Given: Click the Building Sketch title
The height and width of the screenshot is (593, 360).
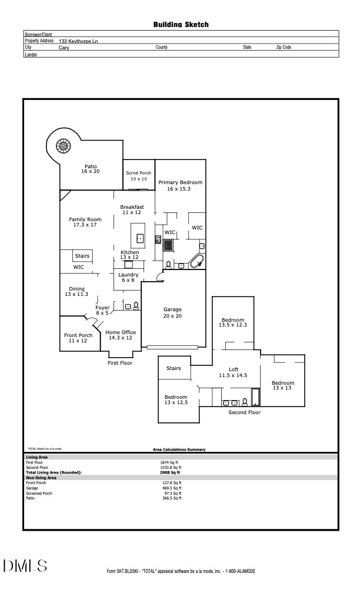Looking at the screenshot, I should pyautogui.click(x=181, y=25).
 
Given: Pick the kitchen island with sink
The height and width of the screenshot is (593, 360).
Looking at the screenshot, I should pyautogui.click(x=139, y=235).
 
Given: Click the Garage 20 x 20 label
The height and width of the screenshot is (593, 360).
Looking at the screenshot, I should pyautogui.click(x=172, y=313).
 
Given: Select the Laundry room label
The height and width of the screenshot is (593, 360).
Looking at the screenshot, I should pyautogui.click(x=128, y=278).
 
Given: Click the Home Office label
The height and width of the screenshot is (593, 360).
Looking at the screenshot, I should pyautogui.click(x=121, y=335).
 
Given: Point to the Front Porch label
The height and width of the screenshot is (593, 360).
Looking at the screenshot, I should pyautogui.click(x=78, y=338).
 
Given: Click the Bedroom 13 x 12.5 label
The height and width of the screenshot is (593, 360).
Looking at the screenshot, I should pyautogui.click(x=176, y=399).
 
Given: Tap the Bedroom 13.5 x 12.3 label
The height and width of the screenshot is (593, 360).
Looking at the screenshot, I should pyautogui.click(x=232, y=322).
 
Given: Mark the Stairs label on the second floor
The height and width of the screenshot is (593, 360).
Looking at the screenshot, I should pyautogui.click(x=174, y=369).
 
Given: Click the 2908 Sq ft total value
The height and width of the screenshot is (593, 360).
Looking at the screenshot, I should pyautogui.click(x=170, y=472).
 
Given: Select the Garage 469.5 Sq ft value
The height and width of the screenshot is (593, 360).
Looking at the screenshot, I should pyautogui.click(x=172, y=488).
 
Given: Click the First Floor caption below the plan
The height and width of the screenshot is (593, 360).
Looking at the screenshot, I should pyautogui.click(x=119, y=363).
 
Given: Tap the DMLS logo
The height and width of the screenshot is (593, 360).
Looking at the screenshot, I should pyautogui.click(x=25, y=566).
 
